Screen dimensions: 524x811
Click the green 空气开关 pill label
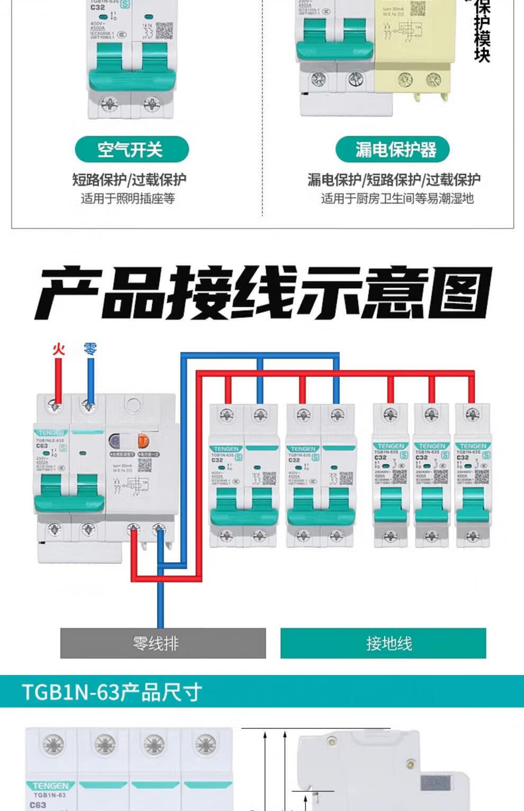pos(131,150)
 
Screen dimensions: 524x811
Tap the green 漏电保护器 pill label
pos(392,150)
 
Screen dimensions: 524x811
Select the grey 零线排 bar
pos(162,643)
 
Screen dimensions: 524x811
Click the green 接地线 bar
pos(383,643)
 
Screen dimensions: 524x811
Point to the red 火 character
pos(58,349)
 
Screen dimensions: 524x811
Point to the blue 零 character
pos(91,349)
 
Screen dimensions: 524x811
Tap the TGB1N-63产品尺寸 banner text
pos(112,692)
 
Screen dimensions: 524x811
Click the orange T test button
pos(143,441)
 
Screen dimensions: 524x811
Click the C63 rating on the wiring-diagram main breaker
pos(42,446)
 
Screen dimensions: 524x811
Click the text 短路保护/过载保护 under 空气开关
pos(129,180)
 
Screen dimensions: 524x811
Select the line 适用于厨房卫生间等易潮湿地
pos(396,198)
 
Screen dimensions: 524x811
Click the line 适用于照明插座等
pos(128,198)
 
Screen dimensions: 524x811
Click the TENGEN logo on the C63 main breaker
pos(51,433)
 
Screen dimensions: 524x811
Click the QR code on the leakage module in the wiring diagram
pos(144,465)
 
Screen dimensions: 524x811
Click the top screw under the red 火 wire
pos(55,406)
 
